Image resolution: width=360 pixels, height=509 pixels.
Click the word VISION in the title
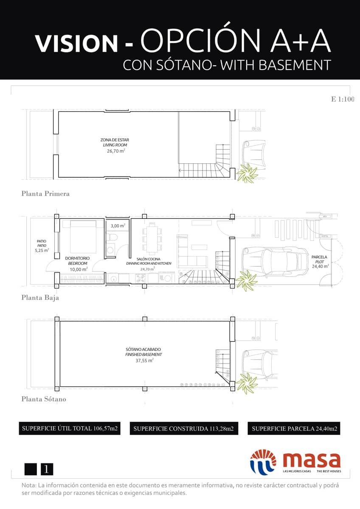coord(76,44)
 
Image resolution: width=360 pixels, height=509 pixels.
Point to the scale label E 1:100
coord(342,99)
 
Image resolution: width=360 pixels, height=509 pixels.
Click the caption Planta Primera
coord(45,194)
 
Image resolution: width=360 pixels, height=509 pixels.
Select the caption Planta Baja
coord(40,298)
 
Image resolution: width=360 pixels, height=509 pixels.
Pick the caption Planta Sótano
coord(44,399)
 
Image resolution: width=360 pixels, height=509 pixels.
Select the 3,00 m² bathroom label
coord(118,226)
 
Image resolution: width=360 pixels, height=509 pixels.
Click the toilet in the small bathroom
coord(111,249)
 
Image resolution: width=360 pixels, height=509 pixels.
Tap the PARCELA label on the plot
coord(319,257)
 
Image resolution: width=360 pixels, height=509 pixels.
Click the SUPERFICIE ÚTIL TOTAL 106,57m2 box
coord(69,428)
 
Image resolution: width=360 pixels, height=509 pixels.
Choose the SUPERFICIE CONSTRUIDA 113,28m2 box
coord(183,429)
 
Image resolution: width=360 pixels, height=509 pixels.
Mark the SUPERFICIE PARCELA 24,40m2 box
coord(294,429)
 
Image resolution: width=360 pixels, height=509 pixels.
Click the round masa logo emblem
coord(263,461)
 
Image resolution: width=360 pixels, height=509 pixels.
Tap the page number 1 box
coord(47,469)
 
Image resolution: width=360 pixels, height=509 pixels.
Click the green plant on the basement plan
coord(246,383)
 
